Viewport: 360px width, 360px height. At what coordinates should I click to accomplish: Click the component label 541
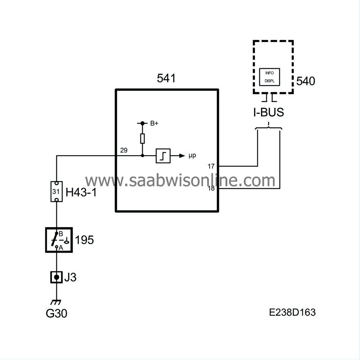[x=166, y=78]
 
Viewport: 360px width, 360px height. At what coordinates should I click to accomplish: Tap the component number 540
[x=305, y=81]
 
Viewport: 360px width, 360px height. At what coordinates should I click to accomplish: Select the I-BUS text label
[x=268, y=112]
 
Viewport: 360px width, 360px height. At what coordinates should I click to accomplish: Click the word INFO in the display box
[x=269, y=73]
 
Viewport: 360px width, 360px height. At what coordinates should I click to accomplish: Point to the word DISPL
[x=269, y=81]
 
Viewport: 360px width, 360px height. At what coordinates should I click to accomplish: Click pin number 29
[x=123, y=150]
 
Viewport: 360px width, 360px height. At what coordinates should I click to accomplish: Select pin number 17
[x=211, y=166]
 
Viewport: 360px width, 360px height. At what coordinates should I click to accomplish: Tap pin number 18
[x=211, y=188]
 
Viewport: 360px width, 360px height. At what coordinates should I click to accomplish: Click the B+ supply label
[x=154, y=123]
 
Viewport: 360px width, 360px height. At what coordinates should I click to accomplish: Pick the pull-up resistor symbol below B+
[x=143, y=139]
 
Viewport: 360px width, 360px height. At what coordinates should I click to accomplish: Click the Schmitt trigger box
[x=163, y=156]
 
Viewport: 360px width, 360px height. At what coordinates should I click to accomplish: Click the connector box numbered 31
[x=56, y=191]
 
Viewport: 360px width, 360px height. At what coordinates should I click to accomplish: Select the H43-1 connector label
[x=81, y=192]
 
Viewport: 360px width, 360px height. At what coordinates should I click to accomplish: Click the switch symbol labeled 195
[x=59, y=240]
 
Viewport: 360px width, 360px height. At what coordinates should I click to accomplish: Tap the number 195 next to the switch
[x=85, y=240]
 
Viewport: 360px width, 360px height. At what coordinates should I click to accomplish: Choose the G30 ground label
[x=57, y=313]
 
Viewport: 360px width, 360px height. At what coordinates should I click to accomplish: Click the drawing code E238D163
[x=292, y=312]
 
